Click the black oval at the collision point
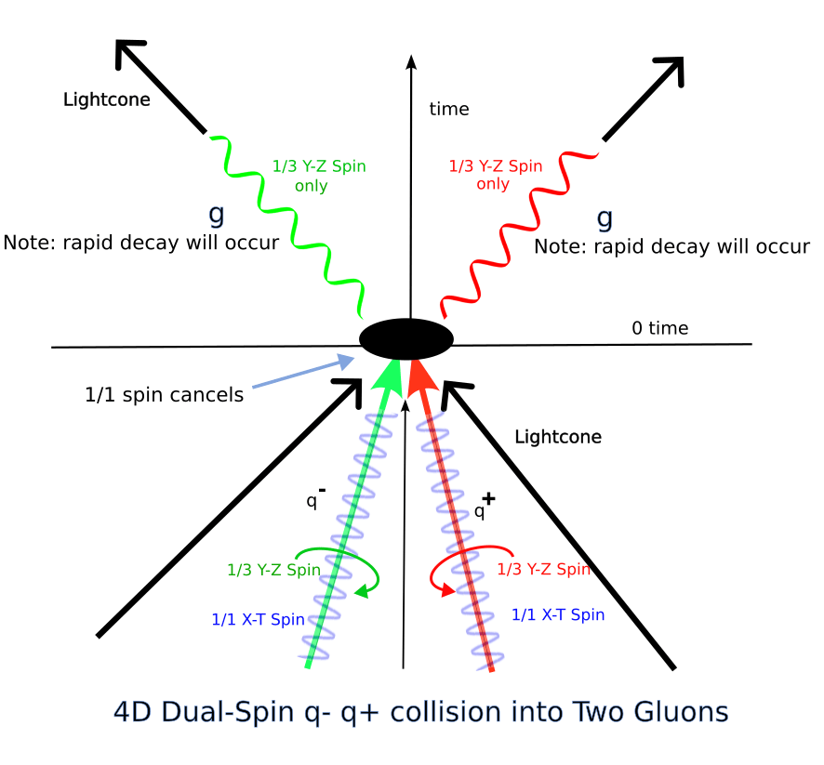406,338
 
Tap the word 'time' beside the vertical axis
449,110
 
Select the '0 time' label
659,328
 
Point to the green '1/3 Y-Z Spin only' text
318,176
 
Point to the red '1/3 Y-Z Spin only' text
495,175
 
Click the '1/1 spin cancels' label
164,395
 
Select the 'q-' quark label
315,499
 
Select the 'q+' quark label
484,508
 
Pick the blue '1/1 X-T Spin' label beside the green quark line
259,620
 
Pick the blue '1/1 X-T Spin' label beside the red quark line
558,614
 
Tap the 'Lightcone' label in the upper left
106,99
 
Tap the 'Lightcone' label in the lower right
558,437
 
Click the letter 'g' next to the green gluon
216,215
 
